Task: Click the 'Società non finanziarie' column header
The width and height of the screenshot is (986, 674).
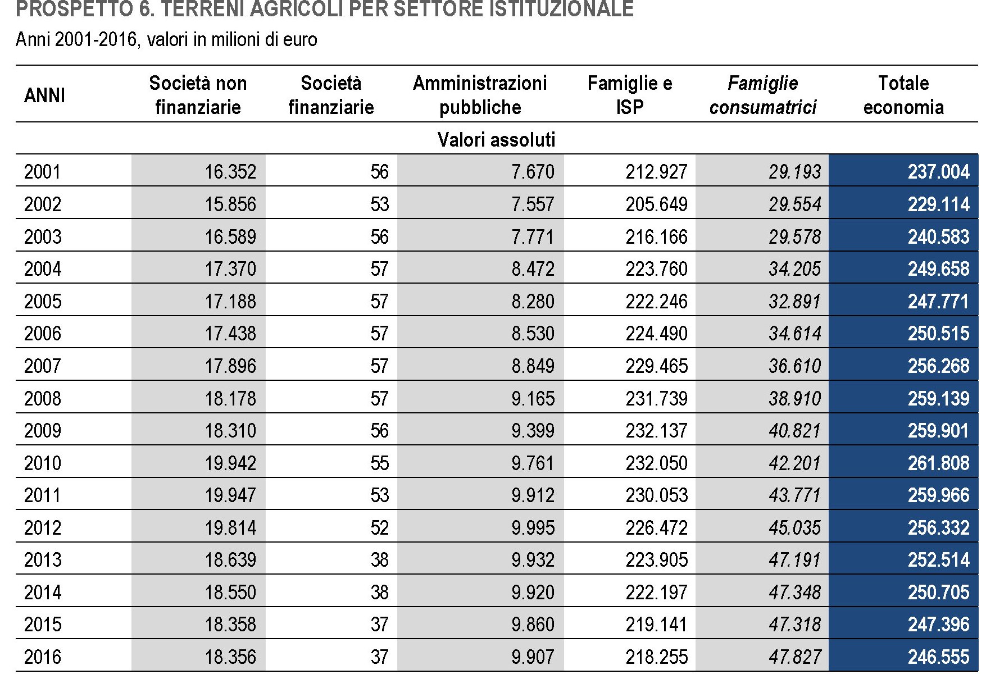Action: pos(198,95)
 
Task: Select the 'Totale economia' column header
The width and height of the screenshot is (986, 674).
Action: pos(903,95)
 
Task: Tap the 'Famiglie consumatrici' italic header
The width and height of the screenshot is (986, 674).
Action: pos(762,95)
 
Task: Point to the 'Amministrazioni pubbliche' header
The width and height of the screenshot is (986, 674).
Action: pos(480,95)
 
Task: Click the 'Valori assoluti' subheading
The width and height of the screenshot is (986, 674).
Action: pos(496,139)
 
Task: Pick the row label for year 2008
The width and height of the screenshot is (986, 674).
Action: pos(43,398)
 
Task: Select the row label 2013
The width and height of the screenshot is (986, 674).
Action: pos(43,560)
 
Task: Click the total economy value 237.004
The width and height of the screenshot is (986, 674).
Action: pos(938,171)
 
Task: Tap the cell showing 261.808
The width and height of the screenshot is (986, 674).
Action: pos(938,463)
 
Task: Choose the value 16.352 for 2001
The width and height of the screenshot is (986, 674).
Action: pos(230,171)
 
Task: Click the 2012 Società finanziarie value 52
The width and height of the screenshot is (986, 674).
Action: pos(379,527)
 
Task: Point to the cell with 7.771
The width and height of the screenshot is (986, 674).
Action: pos(532,236)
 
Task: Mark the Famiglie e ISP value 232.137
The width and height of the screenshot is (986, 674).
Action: pos(656,431)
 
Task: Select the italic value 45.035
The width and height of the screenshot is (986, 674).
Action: pos(794,527)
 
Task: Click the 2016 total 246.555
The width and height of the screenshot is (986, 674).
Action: pos(938,657)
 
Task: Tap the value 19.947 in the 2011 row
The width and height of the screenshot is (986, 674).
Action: pos(230,495)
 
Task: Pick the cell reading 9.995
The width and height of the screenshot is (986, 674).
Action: pos(532,527)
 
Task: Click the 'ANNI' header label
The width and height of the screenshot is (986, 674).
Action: pos(44,95)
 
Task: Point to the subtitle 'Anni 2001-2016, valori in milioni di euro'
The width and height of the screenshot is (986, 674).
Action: pos(166,39)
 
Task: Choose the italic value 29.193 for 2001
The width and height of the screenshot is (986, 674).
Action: pos(794,171)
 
